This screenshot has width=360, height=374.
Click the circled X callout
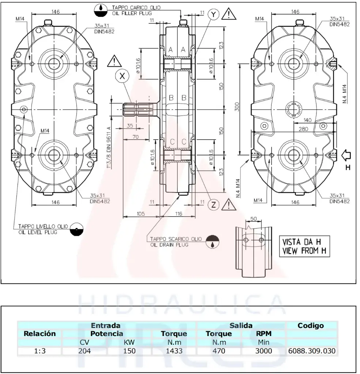tap(122, 76)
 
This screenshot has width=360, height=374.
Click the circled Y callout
tap(214, 14)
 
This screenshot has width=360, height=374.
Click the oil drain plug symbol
tap(213, 241)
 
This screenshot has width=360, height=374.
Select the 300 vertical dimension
tap(236, 106)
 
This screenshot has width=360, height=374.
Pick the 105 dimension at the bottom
tap(141, 213)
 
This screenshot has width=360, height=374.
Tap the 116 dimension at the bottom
tap(178, 213)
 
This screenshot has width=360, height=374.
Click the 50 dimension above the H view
tap(253, 218)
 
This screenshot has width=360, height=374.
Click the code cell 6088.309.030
tap(312, 351)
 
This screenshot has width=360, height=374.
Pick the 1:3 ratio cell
tap(39, 351)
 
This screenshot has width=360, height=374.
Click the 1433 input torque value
tap(174, 351)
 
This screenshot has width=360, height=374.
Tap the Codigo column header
tap(311, 325)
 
